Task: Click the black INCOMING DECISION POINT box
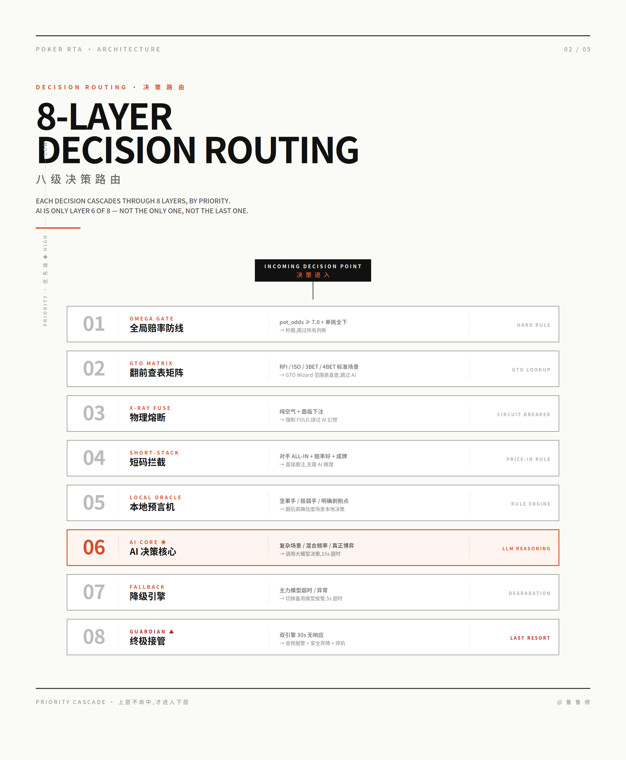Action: (x=313, y=270)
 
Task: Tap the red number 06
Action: (x=94, y=547)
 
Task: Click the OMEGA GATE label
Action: (x=152, y=319)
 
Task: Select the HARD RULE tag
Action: (x=534, y=325)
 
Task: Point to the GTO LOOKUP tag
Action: (x=531, y=370)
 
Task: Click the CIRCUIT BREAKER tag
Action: (x=524, y=415)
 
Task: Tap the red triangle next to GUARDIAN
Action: (x=172, y=631)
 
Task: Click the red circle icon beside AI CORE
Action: (x=163, y=542)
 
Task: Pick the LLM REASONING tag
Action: (x=527, y=549)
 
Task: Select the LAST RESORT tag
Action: (x=530, y=638)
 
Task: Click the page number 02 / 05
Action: (x=577, y=49)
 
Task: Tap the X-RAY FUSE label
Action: (x=150, y=408)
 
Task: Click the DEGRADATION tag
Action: (x=530, y=593)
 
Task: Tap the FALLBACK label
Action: (x=148, y=587)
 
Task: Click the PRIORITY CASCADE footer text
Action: (x=71, y=702)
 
